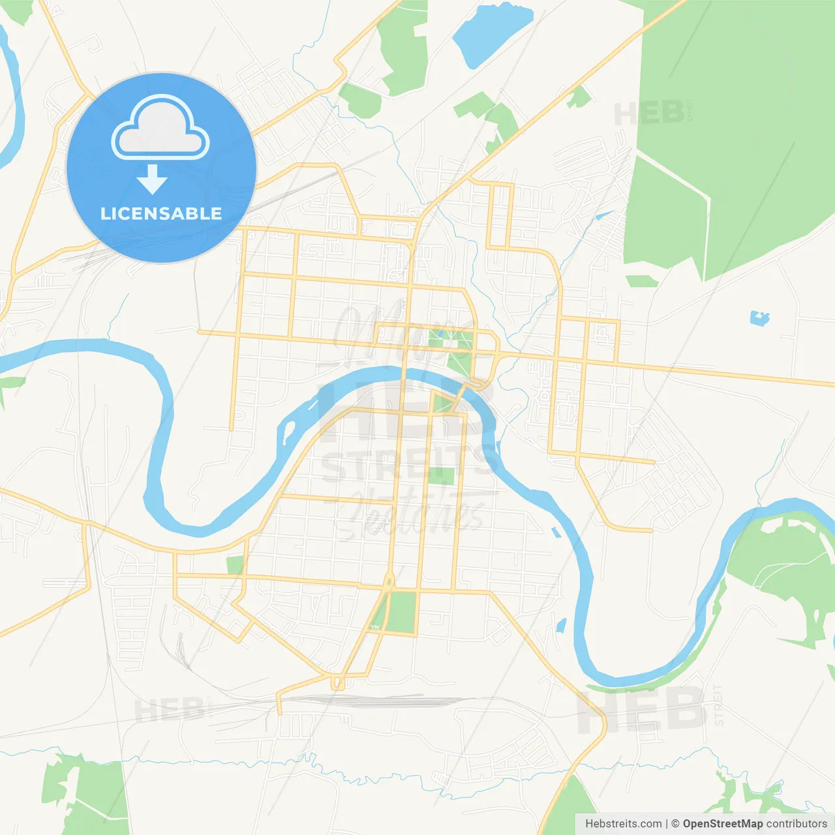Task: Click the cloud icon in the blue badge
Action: [160, 127]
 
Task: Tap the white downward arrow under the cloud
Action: [152, 179]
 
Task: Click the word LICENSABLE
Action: [161, 213]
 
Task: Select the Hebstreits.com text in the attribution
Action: [623, 824]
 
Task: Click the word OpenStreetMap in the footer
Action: [723, 824]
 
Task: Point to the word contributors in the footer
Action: [797, 824]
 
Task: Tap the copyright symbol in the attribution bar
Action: [675, 824]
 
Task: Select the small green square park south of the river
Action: [441, 475]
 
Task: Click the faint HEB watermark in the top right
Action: [649, 114]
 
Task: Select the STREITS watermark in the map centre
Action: [408, 464]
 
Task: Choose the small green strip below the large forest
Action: [641, 281]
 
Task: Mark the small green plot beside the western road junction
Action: [234, 565]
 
